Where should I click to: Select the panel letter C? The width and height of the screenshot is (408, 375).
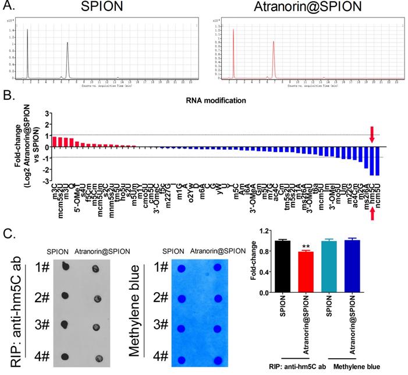pyautogui.click(x=8, y=232)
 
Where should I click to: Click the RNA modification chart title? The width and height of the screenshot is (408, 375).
pyautogui.click(x=214, y=100)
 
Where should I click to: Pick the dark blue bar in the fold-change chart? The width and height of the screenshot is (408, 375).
pyautogui.click(x=350, y=265)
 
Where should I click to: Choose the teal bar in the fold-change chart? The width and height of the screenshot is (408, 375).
pyautogui.click(x=328, y=266)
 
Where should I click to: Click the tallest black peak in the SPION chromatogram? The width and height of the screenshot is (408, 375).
pyautogui.click(x=28, y=52)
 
